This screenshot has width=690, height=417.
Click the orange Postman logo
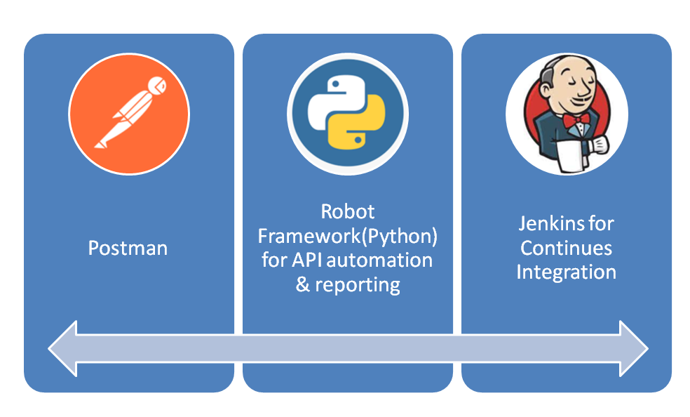click(x=129, y=114)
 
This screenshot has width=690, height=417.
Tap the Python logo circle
click(x=348, y=114)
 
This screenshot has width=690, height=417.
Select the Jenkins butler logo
click(x=567, y=114)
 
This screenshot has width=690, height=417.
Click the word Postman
click(x=128, y=249)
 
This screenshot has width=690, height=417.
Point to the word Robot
click(x=348, y=212)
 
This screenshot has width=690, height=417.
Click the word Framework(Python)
click(x=348, y=237)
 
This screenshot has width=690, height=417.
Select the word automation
click(x=380, y=260)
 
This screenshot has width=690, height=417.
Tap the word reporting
click(x=358, y=286)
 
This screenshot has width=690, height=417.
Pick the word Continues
click(x=567, y=248)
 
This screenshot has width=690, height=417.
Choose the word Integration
click(x=567, y=272)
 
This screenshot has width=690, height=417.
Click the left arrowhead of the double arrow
click(x=62, y=348)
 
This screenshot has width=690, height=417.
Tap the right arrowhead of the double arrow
click(x=634, y=348)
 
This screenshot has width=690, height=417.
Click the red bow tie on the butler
click(x=576, y=120)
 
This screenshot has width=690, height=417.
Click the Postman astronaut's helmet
click(x=157, y=85)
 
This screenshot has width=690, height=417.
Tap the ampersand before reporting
click(x=303, y=285)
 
